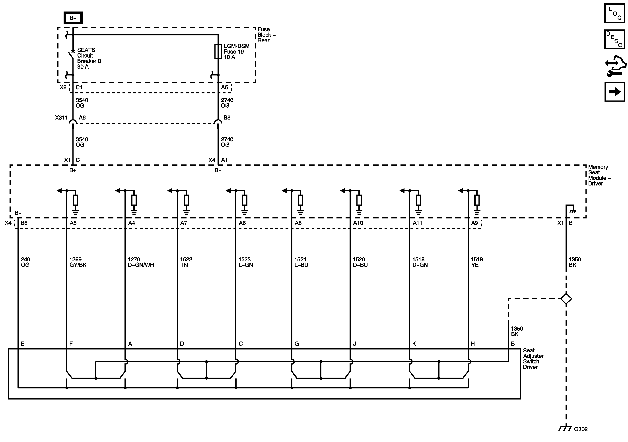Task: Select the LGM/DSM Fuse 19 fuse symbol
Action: coord(218,51)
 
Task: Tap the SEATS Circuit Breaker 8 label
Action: coord(89,58)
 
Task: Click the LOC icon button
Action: coord(614,13)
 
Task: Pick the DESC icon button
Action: coord(614,39)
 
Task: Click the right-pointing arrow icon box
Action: coord(614,92)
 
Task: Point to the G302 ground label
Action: coord(580,429)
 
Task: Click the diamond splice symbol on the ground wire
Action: coord(566,299)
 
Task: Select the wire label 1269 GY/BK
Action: coord(78,262)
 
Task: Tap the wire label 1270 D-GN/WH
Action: coord(141,262)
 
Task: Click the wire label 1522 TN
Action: coord(186,262)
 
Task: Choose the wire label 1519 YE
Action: coord(476,262)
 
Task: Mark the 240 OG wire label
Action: coord(25,262)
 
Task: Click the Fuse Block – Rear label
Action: coord(266,35)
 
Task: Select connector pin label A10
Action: coord(358,223)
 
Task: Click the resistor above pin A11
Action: coord(418,200)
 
